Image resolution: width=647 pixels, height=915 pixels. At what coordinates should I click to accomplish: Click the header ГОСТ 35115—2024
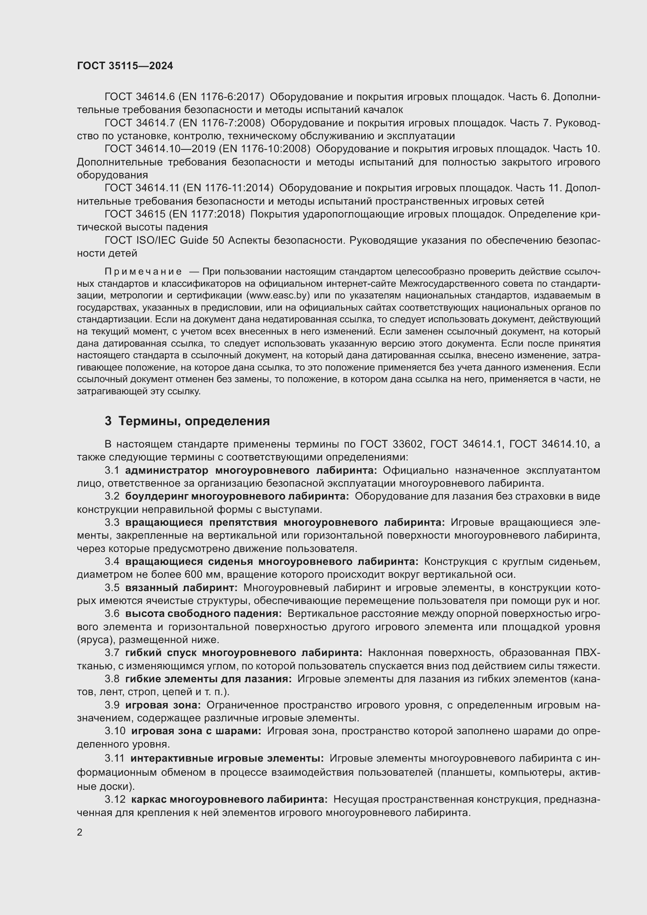tap(125, 66)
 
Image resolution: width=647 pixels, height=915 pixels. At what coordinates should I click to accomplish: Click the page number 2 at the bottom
tap(80, 832)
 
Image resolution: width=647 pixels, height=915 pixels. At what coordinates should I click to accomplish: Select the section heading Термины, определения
tap(194, 421)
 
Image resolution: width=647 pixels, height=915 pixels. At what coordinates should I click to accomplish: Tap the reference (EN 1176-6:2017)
tap(221, 97)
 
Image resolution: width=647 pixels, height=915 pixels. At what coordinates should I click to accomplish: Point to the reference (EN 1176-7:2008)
tap(221, 123)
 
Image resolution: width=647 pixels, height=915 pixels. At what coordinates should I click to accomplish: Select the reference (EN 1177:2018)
tap(207, 214)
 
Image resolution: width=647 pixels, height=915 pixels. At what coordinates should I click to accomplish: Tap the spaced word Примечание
tap(143, 272)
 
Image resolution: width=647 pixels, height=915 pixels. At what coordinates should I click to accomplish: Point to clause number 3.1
tap(112, 471)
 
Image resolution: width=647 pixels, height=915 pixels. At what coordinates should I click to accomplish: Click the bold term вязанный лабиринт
tap(181, 588)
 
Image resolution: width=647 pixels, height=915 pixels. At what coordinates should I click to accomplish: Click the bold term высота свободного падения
tap(203, 614)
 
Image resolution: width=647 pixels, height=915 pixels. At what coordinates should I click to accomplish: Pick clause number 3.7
tap(112, 653)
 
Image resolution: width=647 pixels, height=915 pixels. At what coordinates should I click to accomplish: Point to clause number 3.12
tap(115, 800)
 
